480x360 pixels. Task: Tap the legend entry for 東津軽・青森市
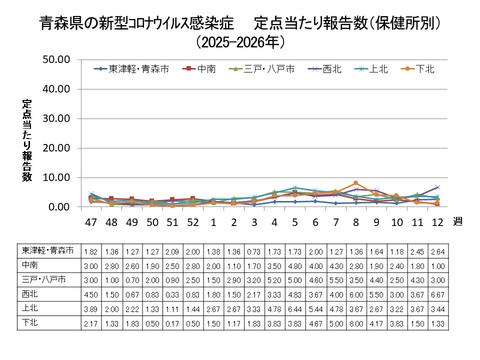[x=130, y=69]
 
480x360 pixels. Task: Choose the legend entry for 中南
[x=205, y=69]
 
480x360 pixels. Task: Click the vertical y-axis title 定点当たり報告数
[x=27, y=140]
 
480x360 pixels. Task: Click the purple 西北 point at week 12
[x=438, y=187]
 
